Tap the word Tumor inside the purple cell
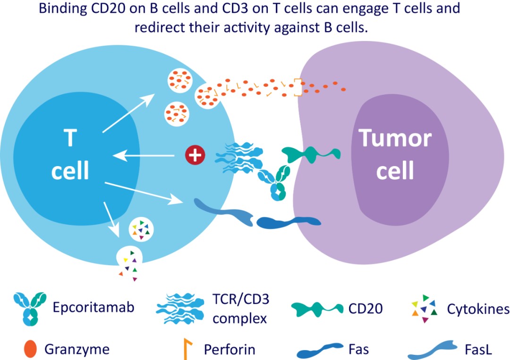[x=395, y=138]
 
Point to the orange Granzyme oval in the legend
[x=30, y=349]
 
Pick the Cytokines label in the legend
[x=478, y=309]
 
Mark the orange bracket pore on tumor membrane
[x=298, y=88]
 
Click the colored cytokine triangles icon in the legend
[x=425, y=309]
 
